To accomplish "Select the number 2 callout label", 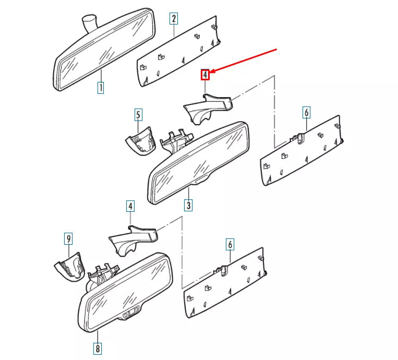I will pyautogui.click(x=174, y=19).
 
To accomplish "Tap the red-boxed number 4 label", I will pyautogui.click(x=206, y=75).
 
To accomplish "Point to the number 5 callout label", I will pyautogui.click(x=138, y=115).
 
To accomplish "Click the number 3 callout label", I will pyautogui.click(x=188, y=205).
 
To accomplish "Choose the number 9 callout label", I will pyautogui.click(x=68, y=239).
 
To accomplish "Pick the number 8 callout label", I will pyautogui.click(x=98, y=347).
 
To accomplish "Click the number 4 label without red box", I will pyautogui.click(x=130, y=206).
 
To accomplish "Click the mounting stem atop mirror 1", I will pyautogui.click(x=90, y=22).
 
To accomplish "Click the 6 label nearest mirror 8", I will pyautogui.click(x=230, y=244).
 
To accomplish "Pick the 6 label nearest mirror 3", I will pyautogui.click(x=306, y=112).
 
